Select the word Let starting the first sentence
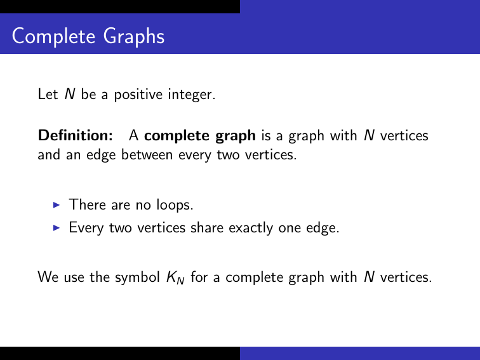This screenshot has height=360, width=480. pos(48,95)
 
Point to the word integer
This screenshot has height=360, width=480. pos(193,96)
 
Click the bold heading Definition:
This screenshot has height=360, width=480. pos(76,135)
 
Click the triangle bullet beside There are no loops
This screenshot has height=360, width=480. pos(56,204)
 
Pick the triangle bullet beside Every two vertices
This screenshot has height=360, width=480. pos(56,227)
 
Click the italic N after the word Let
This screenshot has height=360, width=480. pos(70,95)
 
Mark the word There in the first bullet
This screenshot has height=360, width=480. pos(84,204)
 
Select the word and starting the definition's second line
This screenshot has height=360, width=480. pos(48,154)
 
